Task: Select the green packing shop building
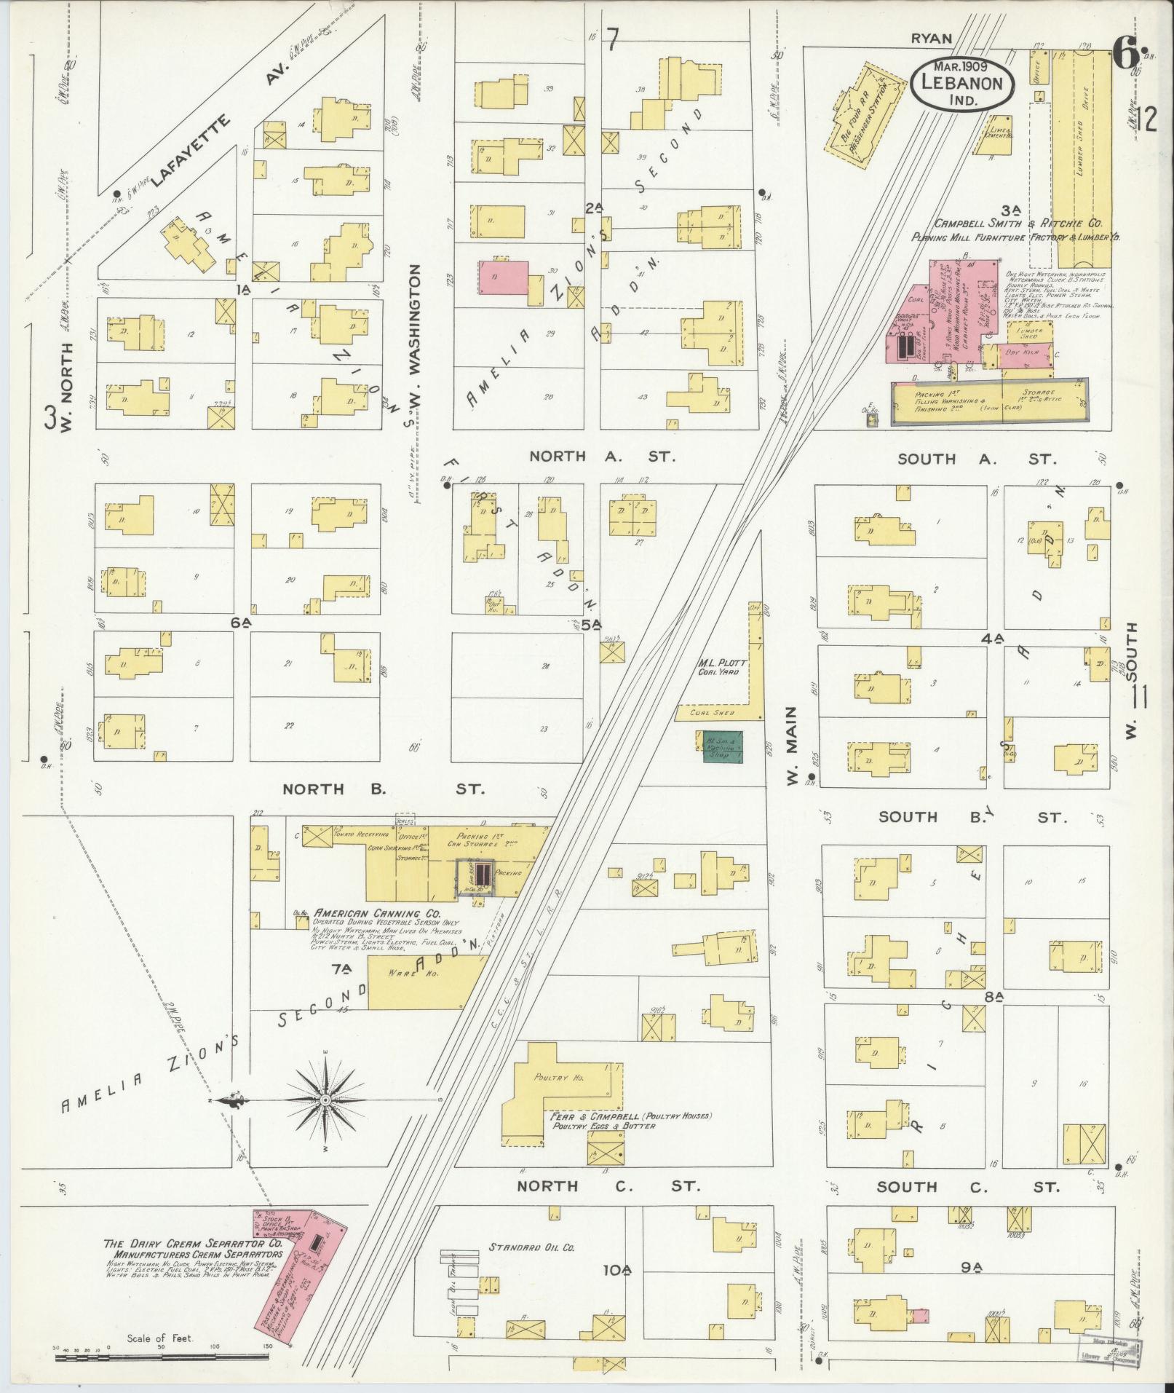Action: tap(723, 746)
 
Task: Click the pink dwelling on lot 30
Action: tap(502, 277)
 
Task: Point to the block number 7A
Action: tap(341, 968)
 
